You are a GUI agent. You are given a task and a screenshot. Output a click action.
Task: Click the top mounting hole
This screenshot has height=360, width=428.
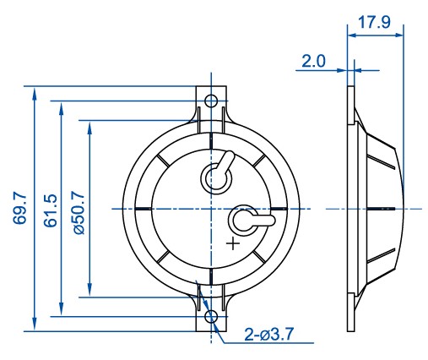(x=211, y=101)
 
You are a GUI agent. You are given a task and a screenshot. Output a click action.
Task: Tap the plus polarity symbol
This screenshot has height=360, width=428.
(x=233, y=244)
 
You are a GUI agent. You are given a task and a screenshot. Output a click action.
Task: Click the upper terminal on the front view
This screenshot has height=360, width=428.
(x=216, y=175)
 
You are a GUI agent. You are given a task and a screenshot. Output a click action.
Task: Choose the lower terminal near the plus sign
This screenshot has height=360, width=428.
(x=247, y=221)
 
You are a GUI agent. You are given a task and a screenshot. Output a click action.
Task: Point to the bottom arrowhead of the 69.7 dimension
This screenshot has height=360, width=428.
(x=33, y=325)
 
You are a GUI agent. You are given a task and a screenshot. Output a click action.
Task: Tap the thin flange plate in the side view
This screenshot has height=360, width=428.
(x=350, y=208)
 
